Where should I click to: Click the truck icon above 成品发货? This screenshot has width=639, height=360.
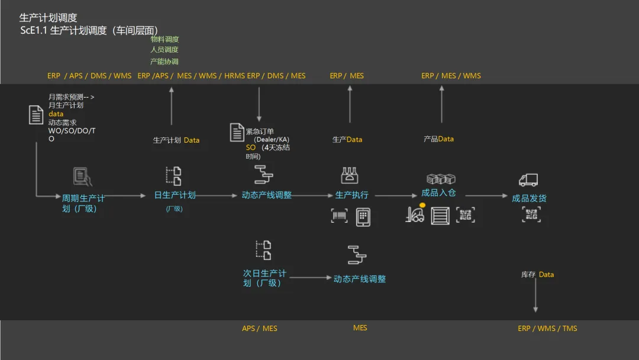coord(528,180)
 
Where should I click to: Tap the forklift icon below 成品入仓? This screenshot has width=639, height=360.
coord(415,214)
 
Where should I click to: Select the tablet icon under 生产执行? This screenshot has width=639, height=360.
coord(363,217)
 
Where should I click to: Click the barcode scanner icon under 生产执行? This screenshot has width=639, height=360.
coord(340,216)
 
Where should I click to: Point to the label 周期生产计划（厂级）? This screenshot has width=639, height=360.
coord(83,203)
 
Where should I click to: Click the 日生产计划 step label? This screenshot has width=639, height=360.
coord(175,195)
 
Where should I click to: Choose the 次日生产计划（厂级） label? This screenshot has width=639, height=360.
coord(264,278)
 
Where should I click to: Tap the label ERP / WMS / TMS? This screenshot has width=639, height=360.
coord(547,328)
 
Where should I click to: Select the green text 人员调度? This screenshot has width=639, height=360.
coord(164,50)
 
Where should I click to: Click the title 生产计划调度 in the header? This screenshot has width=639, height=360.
coord(49,18)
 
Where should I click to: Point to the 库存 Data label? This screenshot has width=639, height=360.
coord(537,275)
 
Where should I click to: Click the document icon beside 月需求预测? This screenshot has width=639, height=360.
coord(37,114)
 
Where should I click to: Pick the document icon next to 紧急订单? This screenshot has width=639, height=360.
coord(237,132)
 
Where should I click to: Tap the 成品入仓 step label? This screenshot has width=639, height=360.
coord(438,193)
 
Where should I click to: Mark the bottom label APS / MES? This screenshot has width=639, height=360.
coord(259,328)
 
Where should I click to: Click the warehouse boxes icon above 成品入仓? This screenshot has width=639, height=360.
coord(441,179)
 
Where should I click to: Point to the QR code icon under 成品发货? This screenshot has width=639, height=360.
coord(531,214)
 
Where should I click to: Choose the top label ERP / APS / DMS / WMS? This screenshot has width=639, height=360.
coord(89,76)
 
